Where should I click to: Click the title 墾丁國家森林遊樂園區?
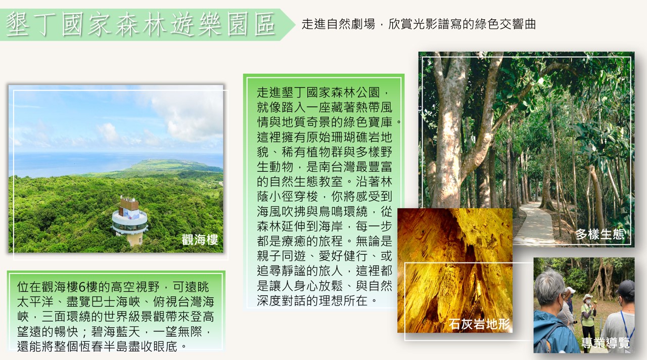click(141, 25)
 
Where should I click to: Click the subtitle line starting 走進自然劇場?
click(419, 24)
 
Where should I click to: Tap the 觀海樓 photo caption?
click(200, 240)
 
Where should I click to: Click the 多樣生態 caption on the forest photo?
click(600, 234)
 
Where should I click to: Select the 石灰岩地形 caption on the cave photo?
click(479, 324)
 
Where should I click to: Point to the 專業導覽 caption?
click(606, 343)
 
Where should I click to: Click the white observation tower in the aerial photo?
click(130, 221)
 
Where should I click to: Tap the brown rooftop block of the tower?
click(129, 203)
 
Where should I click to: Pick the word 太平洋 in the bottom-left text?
click(35, 302)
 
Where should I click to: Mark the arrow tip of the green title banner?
click(295, 25)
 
